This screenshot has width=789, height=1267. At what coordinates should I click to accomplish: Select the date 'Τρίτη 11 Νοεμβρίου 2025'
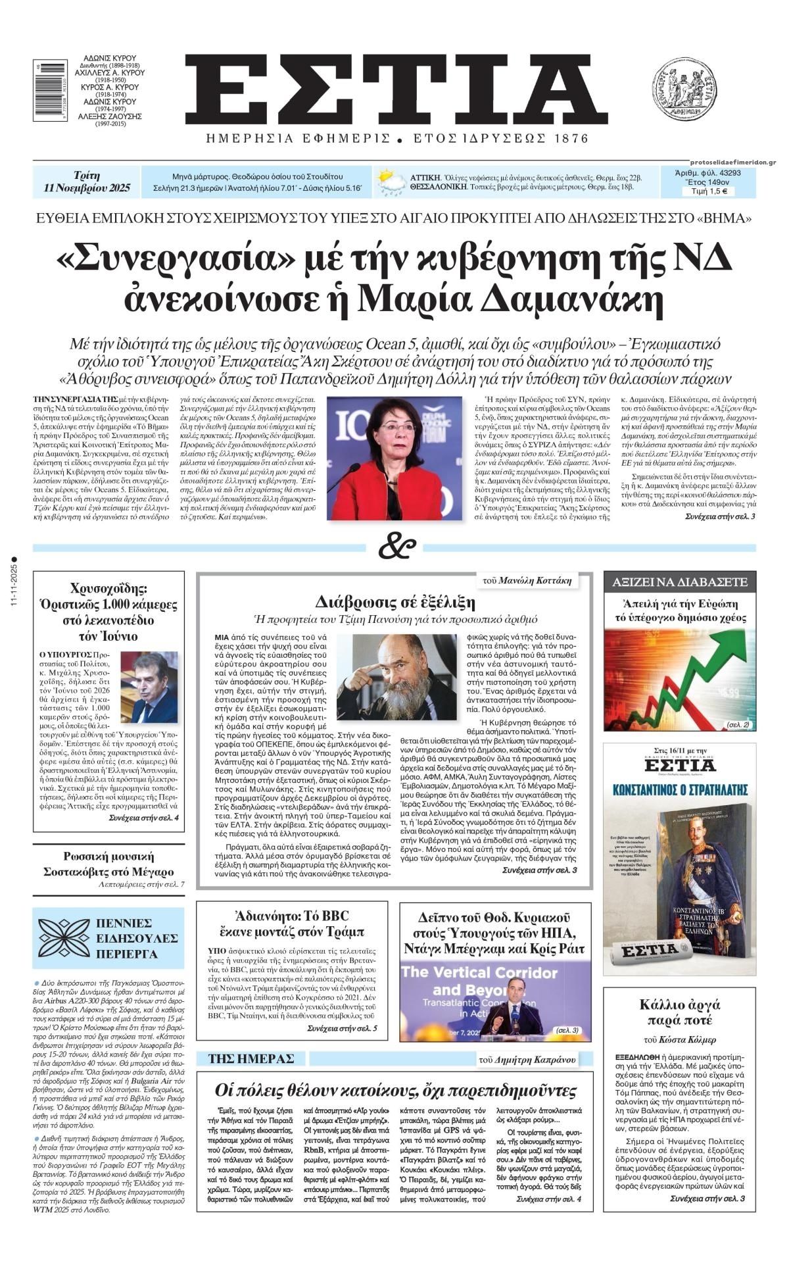[x=87, y=182]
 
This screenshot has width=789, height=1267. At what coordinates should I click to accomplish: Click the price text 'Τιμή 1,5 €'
[x=708, y=192]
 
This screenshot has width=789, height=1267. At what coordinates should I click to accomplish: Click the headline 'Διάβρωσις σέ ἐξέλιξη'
[x=394, y=602]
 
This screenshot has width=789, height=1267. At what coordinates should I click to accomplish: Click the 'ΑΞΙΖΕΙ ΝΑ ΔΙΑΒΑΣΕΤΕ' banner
[x=680, y=582]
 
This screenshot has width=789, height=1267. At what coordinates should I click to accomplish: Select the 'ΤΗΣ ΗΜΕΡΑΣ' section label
[x=251, y=1058]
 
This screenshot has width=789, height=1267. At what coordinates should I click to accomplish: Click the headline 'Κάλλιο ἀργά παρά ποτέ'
[x=680, y=1012]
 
